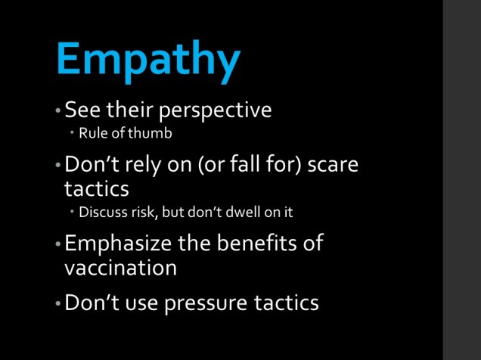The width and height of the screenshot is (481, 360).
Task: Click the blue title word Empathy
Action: pyautogui.click(x=148, y=59)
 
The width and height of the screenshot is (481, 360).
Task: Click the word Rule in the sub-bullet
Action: pyautogui.click(x=92, y=134)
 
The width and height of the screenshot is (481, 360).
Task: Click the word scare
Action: pyautogui.click(x=333, y=164)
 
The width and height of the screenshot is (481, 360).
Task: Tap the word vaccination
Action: pyautogui.click(x=121, y=268)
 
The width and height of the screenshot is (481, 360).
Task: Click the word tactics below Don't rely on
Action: pyautogui.click(x=98, y=188)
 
